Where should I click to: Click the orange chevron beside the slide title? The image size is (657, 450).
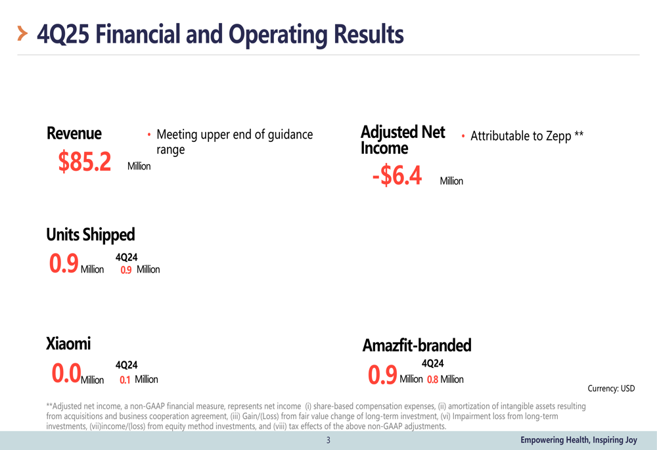22,34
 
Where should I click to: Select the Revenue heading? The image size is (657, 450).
74,133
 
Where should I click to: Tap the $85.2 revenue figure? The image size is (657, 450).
85,162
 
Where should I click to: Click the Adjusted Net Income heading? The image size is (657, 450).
402,140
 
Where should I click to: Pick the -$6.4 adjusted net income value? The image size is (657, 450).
397,176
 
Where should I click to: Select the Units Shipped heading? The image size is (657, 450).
90,235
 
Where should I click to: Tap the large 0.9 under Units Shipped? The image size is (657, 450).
64,264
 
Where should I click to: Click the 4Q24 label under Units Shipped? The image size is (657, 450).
126,258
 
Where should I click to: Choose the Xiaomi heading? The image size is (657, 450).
68,344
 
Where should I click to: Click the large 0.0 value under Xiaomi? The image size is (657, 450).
66,374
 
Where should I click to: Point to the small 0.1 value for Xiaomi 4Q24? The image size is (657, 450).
125,380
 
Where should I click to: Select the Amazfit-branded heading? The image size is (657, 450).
417,346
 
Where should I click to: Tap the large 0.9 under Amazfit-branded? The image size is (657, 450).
382,375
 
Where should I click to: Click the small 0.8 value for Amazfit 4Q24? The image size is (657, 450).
432,380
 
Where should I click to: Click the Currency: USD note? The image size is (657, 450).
611,388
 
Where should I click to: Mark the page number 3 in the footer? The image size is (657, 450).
328,440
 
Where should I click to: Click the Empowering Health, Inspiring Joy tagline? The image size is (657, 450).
578,440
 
